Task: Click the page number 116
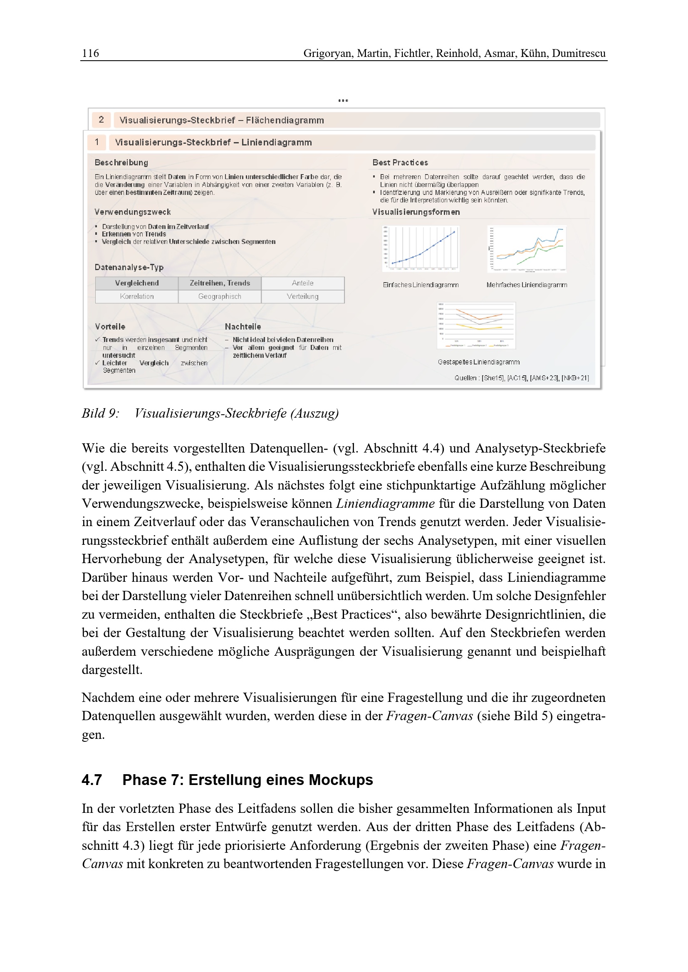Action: (x=90, y=53)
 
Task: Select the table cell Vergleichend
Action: (x=136, y=283)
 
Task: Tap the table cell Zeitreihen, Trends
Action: (x=220, y=283)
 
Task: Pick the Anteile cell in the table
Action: (x=302, y=283)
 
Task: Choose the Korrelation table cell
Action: (x=136, y=296)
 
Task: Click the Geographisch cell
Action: (x=220, y=296)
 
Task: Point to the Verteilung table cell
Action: (x=302, y=296)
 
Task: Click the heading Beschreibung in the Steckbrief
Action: (x=121, y=162)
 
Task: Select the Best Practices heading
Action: (x=400, y=162)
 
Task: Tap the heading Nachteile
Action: (x=243, y=326)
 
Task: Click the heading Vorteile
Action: (x=110, y=326)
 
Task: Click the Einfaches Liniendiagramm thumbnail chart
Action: (x=421, y=249)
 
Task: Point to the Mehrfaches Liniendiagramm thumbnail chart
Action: (x=527, y=249)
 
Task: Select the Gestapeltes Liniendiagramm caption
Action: (x=479, y=362)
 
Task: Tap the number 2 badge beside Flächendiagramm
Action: (x=101, y=120)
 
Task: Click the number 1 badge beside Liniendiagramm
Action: (x=97, y=142)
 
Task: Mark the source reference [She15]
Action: (x=492, y=378)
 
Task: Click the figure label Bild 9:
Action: (x=100, y=413)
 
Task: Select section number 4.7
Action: (x=92, y=780)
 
